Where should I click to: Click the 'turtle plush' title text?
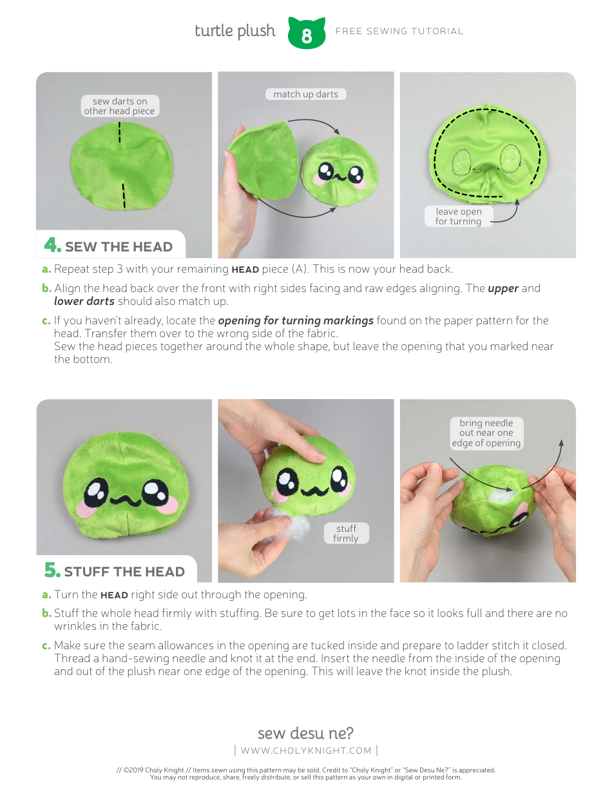pyautogui.click(x=234, y=31)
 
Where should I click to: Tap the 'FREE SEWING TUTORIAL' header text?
pyautogui.click(x=399, y=31)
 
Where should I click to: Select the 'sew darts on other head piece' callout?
pyautogui.click(x=119, y=106)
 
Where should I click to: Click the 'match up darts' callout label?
pyautogui.click(x=305, y=94)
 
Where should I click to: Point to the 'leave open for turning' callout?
pyautogui.click(x=458, y=217)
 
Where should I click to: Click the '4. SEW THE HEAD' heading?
pyautogui.click(x=109, y=246)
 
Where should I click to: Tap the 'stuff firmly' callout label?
pyautogui.click(x=346, y=533)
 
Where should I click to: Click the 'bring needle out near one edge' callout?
pyautogui.click(x=486, y=433)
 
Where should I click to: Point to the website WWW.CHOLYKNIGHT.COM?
pyautogui.click(x=306, y=750)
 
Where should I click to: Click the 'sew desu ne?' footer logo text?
pyautogui.click(x=305, y=733)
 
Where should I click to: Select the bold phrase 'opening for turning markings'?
pyautogui.click(x=296, y=320)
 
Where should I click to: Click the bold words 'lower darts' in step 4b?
pyautogui.click(x=84, y=301)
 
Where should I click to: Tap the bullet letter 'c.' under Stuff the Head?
pyautogui.click(x=46, y=645)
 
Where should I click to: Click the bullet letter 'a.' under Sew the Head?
pyautogui.click(x=46, y=269)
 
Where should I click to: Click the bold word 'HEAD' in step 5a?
pyautogui.click(x=114, y=595)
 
